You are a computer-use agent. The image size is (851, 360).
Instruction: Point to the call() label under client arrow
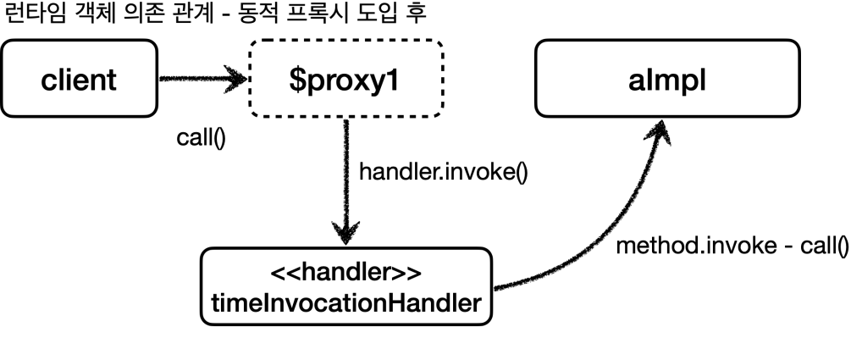(x=201, y=138)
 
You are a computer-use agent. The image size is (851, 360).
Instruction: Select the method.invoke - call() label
(x=731, y=247)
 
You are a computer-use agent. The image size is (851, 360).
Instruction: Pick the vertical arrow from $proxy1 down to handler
(x=345, y=178)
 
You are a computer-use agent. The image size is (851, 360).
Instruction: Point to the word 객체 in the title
(x=81, y=16)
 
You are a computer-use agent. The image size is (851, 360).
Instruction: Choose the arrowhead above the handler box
(x=345, y=230)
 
